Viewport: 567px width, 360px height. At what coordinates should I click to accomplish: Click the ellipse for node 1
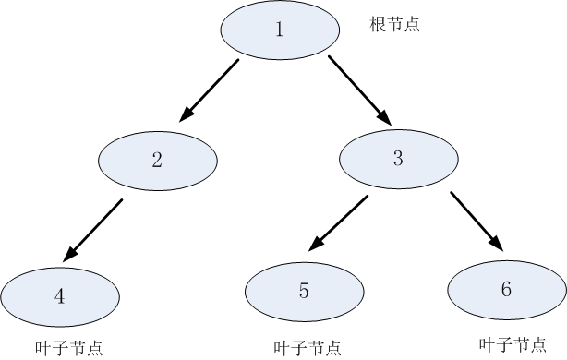(x=279, y=29)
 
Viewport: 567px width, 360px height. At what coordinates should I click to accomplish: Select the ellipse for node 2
(x=158, y=160)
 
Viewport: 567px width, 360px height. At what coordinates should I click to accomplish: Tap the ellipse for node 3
(x=399, y=158)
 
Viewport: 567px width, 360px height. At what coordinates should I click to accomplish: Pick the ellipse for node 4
(x=61, y=296)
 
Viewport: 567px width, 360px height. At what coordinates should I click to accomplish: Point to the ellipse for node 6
(x=506, y=290)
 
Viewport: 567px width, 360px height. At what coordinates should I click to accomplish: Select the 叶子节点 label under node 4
(x=68, y=348)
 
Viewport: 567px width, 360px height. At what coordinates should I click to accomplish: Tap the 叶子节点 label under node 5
(x=308, y=348)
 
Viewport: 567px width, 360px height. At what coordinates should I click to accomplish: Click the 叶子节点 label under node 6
(x=513, y=344)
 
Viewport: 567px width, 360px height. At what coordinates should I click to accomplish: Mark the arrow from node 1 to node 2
(x=210, y=90)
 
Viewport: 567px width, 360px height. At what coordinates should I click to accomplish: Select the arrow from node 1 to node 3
(x=359, y=90)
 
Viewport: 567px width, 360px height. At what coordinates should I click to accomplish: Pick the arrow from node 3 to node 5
(x=343, y=223)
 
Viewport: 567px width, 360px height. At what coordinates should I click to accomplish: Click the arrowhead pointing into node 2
(x=187, y=114)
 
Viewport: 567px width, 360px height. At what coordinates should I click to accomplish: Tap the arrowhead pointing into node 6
(x=497, y=242)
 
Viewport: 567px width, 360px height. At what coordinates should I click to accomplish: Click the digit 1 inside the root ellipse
(x=279, y=29)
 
